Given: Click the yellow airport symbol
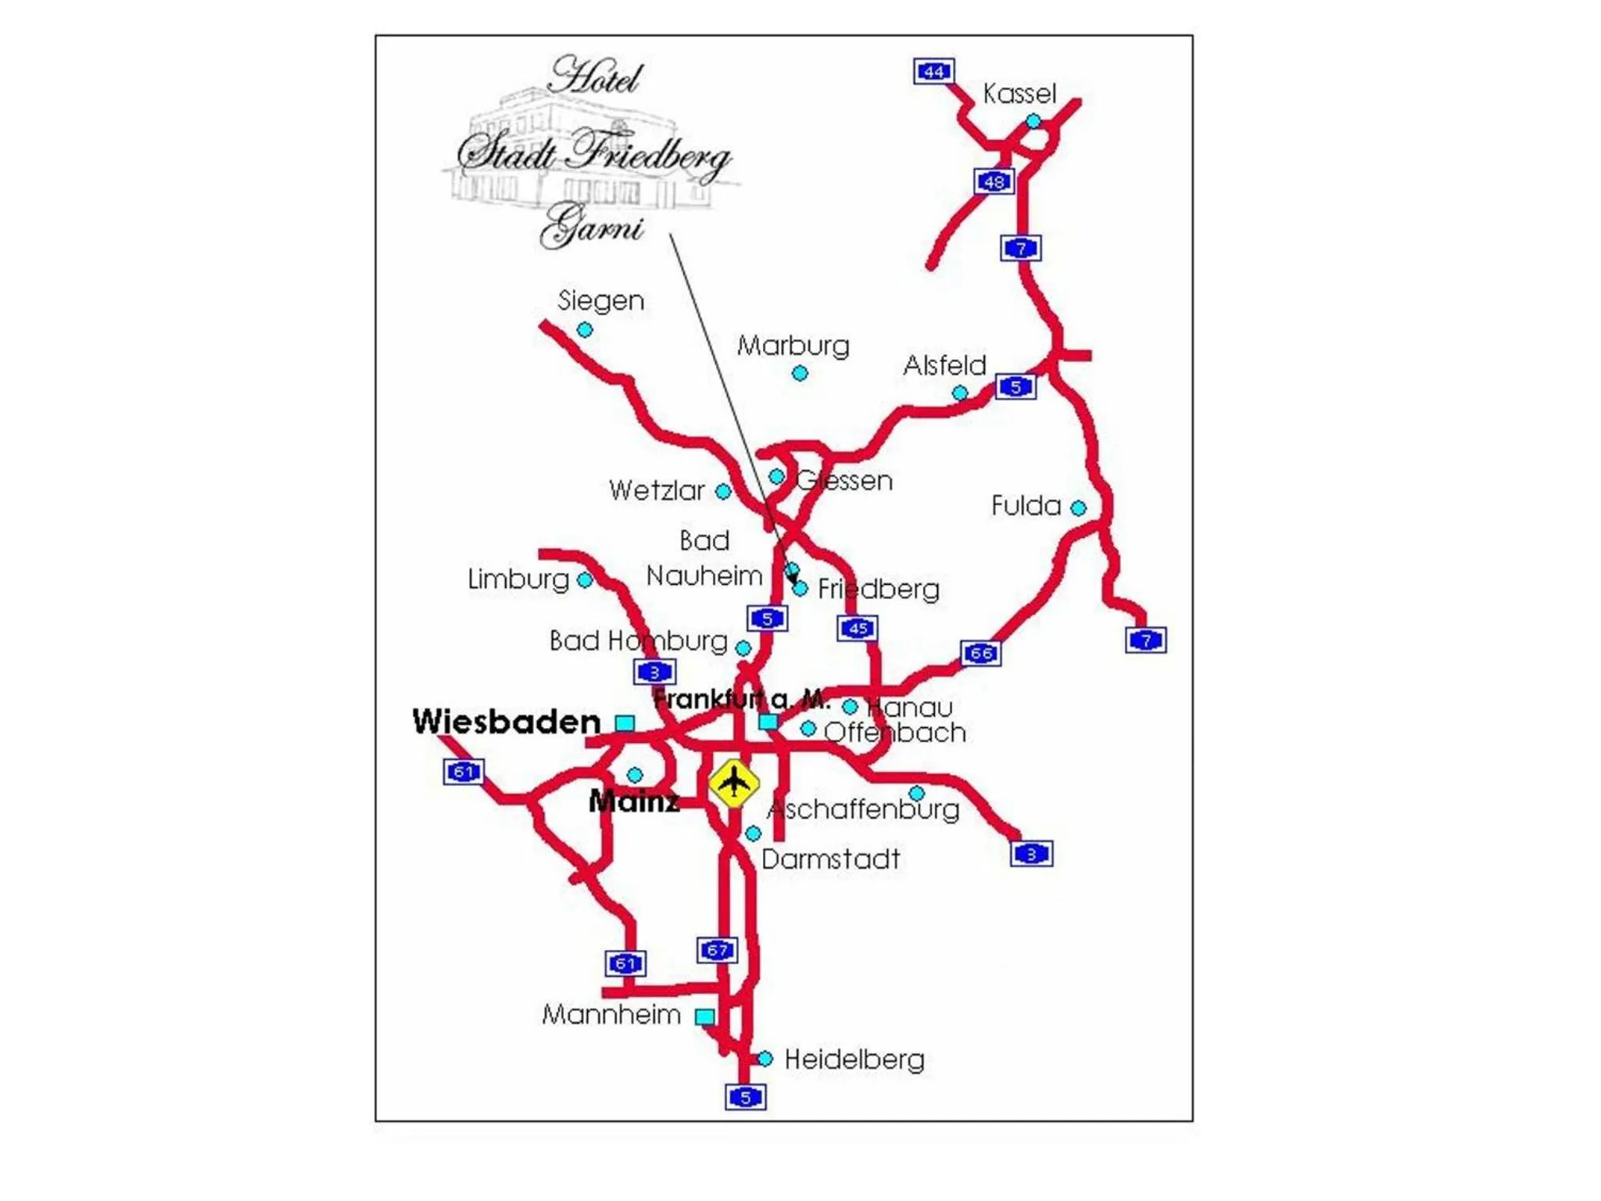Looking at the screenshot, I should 733,782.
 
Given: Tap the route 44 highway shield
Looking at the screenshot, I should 933,71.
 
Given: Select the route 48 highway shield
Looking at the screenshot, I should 994,181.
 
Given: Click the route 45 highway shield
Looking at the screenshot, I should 858,628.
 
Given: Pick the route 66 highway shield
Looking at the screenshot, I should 980,653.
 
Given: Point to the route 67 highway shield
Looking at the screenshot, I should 717,950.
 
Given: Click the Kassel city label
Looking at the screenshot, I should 1019,94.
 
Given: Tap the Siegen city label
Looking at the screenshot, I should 600,300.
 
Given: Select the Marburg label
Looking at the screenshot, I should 793,346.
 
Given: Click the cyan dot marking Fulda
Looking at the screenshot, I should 1078,508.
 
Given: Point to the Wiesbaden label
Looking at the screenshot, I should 507,721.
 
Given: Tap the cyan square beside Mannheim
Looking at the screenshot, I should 704,1016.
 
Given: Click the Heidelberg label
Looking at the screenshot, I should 854,1059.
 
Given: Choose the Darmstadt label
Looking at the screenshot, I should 830,859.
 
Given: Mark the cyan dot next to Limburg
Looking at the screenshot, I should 584,580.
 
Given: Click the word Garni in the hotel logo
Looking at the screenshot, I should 591,226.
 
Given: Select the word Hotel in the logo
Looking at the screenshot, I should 596,77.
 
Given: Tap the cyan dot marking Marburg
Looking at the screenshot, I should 800,374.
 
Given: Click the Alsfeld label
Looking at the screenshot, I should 944,365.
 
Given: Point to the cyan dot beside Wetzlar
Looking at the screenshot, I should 723,492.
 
